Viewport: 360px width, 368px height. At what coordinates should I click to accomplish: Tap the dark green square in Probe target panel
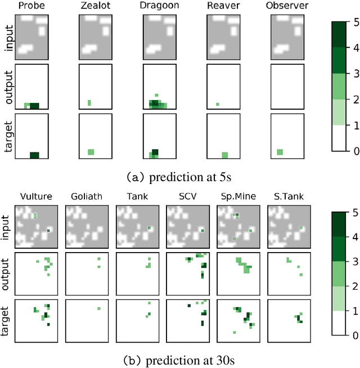coord(34,155)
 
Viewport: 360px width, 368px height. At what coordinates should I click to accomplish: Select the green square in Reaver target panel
coord(224,155)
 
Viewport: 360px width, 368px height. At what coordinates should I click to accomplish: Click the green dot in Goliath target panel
coord(98,308)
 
